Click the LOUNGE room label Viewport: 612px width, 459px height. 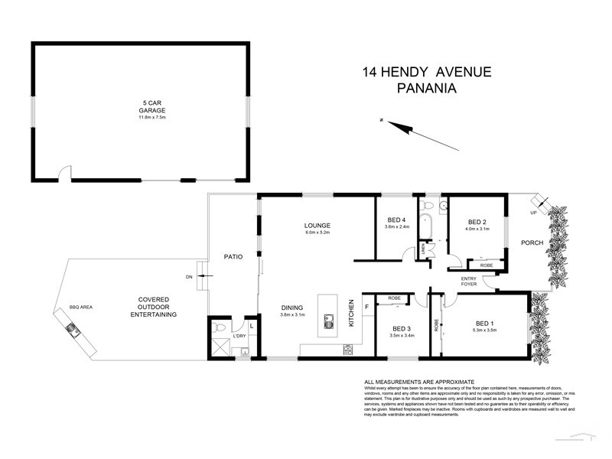click(x=316, y=226)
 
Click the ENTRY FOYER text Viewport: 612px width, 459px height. click(x=468, y=281)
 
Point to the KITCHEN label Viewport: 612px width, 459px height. click(x=353, y=313)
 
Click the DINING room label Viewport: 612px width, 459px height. click(x=292, y=308)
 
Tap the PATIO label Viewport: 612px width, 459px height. click(x=233, y=257)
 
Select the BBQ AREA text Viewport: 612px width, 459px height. click(x=80, y=307)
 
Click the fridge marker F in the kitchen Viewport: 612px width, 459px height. click(x=367, y=307)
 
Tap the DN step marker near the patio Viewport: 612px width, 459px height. click(x=188, y=276)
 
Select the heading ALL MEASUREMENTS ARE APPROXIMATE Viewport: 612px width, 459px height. click(x=419, y=382)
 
